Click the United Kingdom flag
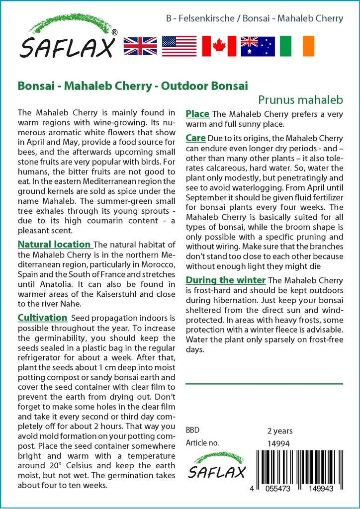pyautogui.click(x=140, y=46)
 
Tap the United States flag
pyautogui.click(x=180, y=46)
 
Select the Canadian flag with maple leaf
pyautogui.click(x=219, y=46)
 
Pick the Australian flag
pyautogui.click(x=258, y=46)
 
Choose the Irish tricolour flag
pyautogui.click(x=297, y=46)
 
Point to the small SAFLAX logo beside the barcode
pyautogui.click(x=216, y=465)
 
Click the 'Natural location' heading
pyautogui.click(x=54, y=245)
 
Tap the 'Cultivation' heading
pyautogui.click(x=42, y=317)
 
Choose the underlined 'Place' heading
pyautogui.click(x=197, y=114)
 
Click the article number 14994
pyautogui.click(x=278, y=443)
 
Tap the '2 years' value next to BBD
pyautogui.click(x=280, y=430)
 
